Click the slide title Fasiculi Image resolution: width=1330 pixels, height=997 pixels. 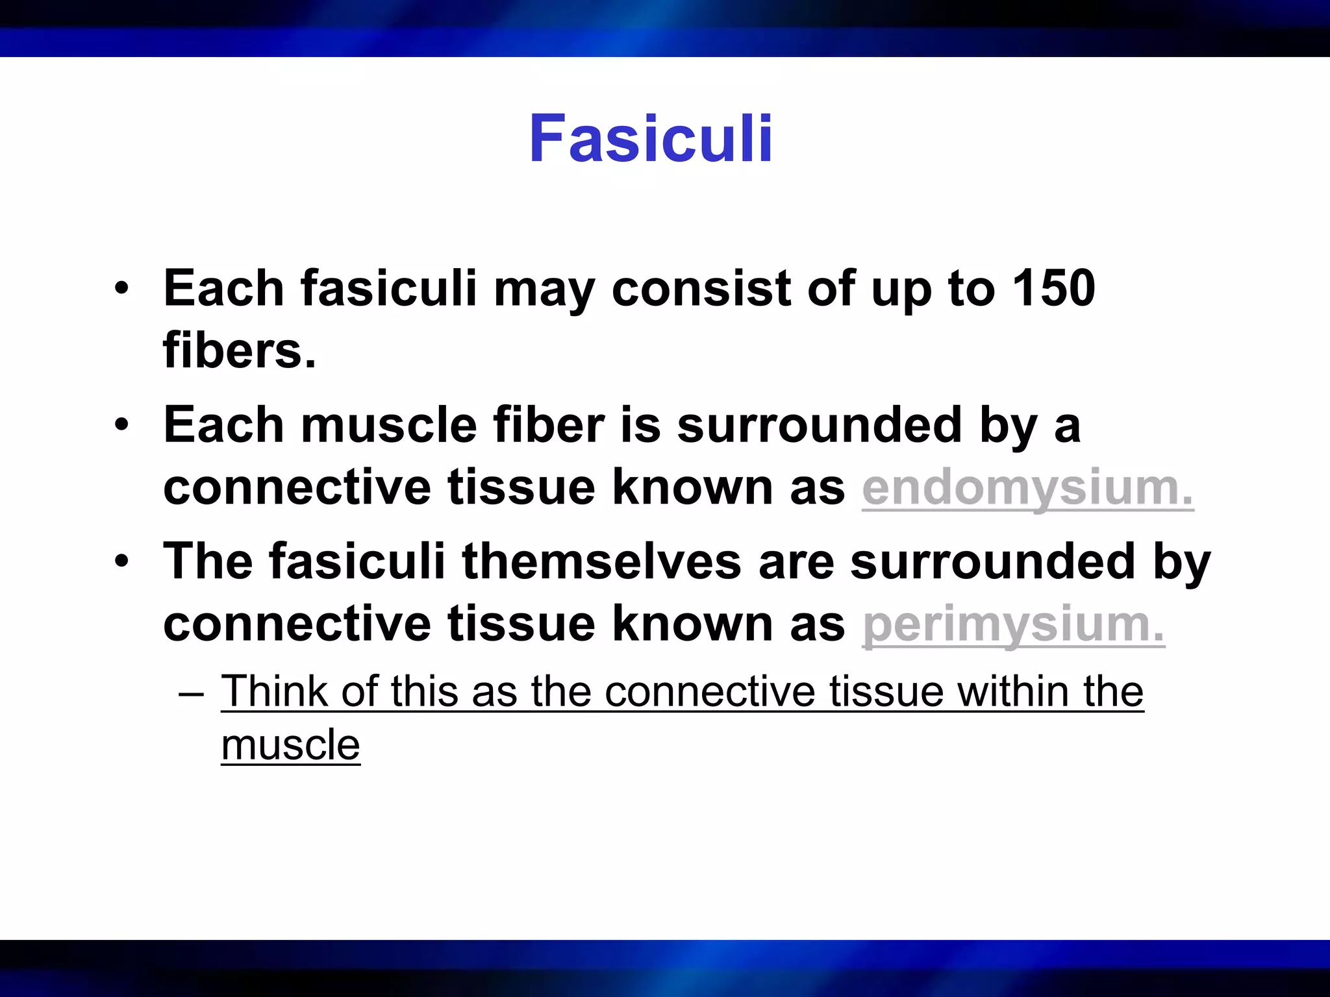point(651,139)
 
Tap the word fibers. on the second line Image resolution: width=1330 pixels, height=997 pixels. point(240,351)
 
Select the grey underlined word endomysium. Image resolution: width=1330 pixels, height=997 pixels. point(1027,487)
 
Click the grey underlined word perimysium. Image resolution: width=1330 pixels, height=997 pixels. point(1013,624)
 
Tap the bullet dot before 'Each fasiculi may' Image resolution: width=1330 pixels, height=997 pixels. point(122,288)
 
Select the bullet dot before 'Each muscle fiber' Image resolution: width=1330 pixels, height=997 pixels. point(122,425)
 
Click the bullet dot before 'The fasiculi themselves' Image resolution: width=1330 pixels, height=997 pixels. point(122,561)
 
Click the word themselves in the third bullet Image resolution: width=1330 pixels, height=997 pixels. point(601,561)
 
